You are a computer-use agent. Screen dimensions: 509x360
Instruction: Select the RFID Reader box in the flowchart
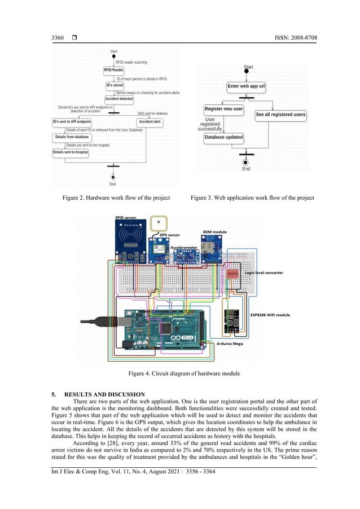[113, 70]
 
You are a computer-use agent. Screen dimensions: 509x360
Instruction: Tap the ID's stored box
[115, 85]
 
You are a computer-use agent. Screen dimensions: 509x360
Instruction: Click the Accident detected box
[119, 99]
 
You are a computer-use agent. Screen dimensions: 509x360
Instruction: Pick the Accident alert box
[150, 121]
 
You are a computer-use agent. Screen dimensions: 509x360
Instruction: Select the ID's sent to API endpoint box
[72, 121]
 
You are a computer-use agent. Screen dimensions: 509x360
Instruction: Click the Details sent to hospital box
[71, 152]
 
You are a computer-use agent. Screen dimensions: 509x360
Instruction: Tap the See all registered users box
[280, 115]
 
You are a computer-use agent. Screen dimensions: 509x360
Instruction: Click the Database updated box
[223, 137]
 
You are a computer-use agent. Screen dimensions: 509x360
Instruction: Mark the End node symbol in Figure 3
[246, 162]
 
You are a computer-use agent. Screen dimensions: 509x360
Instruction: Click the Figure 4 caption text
[180, 374]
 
